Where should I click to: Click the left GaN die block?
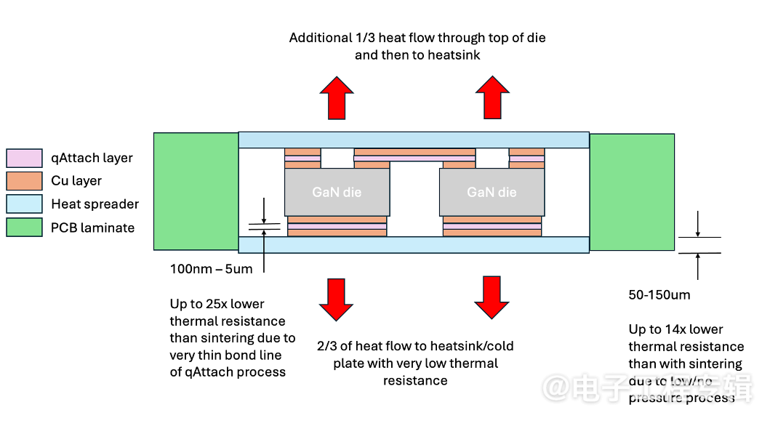(x=337, y=192)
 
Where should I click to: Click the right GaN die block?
(x=492, y=192)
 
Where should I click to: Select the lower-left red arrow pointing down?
(x=336, y=297)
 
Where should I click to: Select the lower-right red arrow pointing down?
(x=492, y=297)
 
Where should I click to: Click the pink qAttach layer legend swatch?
(x=24, y=158)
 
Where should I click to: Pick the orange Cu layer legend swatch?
(x=24, y=180)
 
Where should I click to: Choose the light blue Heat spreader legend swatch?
(x=24, y=204)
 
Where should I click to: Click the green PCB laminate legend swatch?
(x=24, y=228)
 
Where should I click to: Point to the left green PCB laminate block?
(x=196, y=191)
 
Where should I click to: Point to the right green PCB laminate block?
(x=632, y=191)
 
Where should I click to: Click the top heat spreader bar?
(x=413, y=140)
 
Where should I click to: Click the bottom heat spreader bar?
(x=413, y=244)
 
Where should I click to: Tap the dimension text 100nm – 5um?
(x=211, y=270)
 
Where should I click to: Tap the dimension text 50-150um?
(x=659, y=294)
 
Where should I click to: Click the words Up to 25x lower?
(x=217, y=304)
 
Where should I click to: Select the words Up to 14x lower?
(x=676, y=329)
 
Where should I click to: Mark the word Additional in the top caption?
(x=320, y=38)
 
